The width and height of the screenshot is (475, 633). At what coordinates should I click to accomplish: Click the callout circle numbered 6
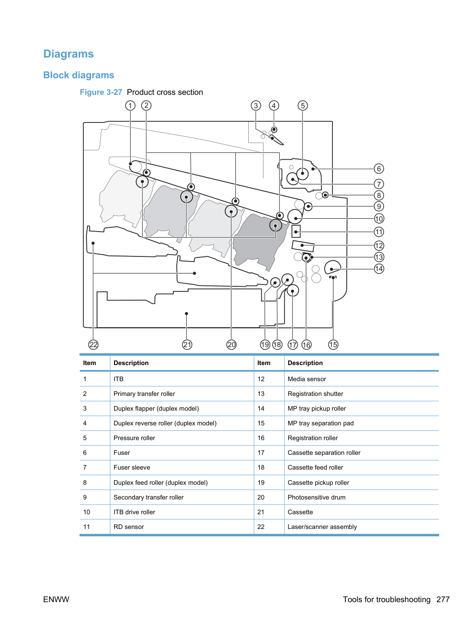coord(378,168)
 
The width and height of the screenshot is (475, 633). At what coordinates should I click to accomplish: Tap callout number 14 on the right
coord(378,269)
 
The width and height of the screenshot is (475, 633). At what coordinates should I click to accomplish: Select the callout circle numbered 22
coord(93,344)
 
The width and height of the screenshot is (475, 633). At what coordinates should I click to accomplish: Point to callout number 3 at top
coord(256,105)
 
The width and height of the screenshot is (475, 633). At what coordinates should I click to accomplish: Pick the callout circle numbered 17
coord(292,344)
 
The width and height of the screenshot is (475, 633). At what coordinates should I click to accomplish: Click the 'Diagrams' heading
coord(69,54)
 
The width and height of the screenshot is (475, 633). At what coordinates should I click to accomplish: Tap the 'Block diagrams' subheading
coord(79,75)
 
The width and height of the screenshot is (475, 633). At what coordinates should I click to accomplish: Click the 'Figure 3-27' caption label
coord(101,92)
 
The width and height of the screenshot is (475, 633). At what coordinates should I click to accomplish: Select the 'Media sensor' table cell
coord(307,379)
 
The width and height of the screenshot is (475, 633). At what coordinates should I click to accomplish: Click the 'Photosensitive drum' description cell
coord(316,497)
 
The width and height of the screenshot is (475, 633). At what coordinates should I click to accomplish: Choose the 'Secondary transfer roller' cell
coord(149,497)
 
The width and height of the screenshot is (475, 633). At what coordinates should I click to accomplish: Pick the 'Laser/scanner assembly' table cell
coord(322,527)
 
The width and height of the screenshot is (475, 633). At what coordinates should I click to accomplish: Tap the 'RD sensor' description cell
coord(128,527)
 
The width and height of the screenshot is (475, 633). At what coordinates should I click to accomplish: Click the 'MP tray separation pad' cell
coord(320,423)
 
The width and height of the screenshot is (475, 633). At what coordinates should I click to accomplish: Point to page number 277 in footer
coord(443,599)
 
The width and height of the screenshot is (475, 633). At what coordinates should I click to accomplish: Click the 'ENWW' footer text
coord(56,599)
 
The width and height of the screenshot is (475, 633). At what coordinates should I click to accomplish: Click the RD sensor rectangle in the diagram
coord(296,231)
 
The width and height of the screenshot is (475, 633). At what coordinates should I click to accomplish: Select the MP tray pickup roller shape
coord(332,267)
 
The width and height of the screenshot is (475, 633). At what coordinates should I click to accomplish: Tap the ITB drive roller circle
coord(295,216)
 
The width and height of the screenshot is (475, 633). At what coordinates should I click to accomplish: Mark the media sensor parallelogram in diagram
coord(303,246)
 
